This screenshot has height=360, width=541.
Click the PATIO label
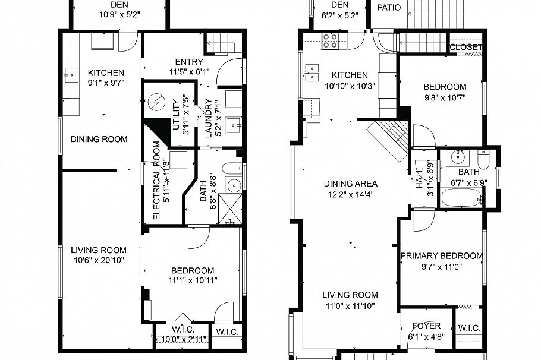(x=389, y=8)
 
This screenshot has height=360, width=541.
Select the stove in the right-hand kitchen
(x=330, y=40)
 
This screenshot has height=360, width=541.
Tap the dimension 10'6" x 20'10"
(x=99, y=260)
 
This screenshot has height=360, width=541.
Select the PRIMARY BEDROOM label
(x=441, y=256)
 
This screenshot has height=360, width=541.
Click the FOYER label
(x=426, y=326)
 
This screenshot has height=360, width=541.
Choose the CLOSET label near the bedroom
(x=465, y=48)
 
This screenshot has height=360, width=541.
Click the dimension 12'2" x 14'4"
(x=350, y=194)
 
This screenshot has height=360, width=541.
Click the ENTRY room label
(x=189, y=62)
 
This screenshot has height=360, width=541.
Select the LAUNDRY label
(x=209, y=118)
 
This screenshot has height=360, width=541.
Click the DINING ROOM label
(x=99, y=140)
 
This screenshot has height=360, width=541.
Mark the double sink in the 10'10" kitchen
(x=311, y=72)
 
